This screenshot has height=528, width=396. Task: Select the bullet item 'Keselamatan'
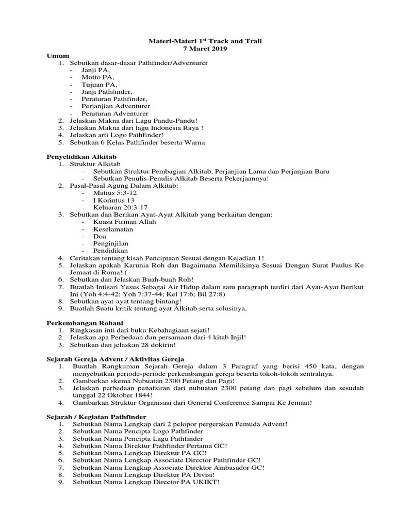tap(113, 228)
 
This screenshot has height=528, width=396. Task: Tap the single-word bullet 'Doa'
tap(100, 236)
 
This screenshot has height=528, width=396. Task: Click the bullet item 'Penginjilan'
tap(111, 243)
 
